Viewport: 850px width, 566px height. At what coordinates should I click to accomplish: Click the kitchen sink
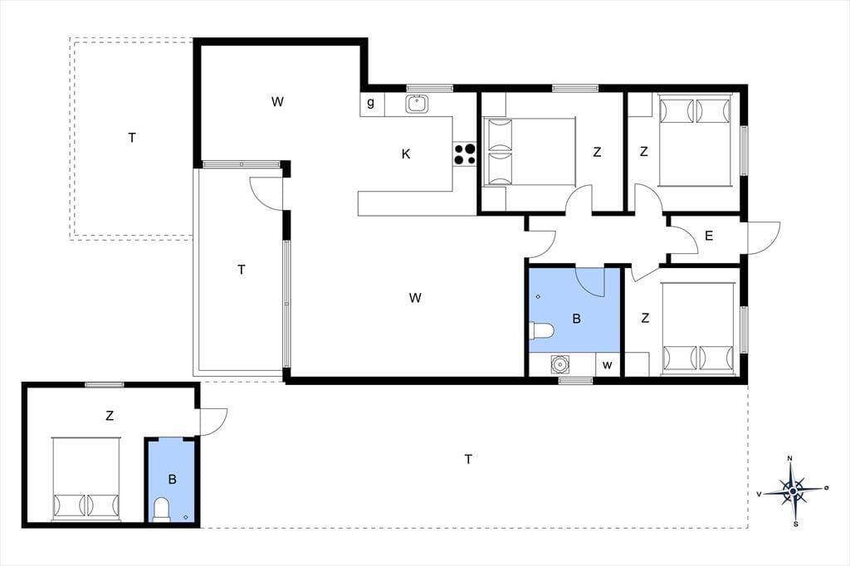point(417,104)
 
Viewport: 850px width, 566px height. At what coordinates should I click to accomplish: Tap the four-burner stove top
point(465,154)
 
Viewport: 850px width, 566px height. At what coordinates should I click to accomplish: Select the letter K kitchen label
point(405,154)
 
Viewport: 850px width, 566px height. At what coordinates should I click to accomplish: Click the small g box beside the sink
point(372,104)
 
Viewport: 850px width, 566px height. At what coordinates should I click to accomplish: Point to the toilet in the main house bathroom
point(541,330)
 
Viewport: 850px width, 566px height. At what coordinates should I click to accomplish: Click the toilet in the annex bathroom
point(162,509)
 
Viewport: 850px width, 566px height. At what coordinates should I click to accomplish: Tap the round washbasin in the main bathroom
point(559,364)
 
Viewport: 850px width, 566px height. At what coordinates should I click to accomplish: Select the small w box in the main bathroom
point(607,365)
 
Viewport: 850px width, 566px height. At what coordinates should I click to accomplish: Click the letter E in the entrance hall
point(709,236)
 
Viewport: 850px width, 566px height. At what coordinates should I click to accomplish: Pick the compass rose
point(793,491)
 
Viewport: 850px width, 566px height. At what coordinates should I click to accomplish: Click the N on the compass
point(790,459)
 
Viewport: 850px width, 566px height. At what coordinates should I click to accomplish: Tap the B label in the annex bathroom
point(173,479)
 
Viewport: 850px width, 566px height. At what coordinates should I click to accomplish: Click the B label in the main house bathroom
point(576,319)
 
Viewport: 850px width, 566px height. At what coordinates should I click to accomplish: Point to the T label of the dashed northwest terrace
point(132,139)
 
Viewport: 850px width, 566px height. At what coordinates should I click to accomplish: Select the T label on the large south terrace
point(468,460)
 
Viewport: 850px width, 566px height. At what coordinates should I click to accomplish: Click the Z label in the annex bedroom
point(110,417)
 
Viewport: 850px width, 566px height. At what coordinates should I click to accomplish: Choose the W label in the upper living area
point(277,102)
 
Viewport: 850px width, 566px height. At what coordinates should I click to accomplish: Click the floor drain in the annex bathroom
point(187,517)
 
